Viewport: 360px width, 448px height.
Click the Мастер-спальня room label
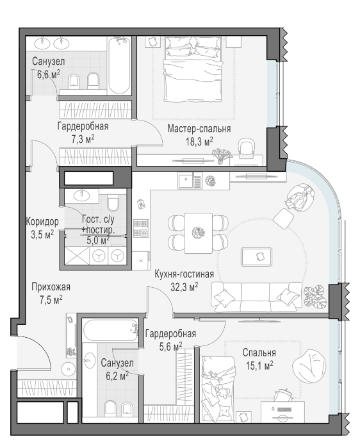pos(199,129)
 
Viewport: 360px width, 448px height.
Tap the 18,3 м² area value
pos(199,141)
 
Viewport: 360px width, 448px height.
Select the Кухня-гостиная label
pos(184,274)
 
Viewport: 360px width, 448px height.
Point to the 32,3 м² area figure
pos(184,286)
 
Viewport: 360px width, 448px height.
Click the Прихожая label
pos(51,287)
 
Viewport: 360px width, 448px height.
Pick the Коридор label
pos(42,221)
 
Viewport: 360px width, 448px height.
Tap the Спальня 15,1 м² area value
pos(259,365)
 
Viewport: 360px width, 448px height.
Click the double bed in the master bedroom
pos(193,69)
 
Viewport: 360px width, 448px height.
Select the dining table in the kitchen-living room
pos(199,233)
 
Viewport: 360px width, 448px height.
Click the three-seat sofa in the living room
pos(257,297)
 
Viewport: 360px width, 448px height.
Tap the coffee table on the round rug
pos(256,257)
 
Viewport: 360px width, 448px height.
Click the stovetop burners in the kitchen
pos(141,228)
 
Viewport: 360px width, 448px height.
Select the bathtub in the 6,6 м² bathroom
pos(119,66)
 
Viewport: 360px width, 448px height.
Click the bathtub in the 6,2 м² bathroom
pos(110,330)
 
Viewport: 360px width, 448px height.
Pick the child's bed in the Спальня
pos(218,388)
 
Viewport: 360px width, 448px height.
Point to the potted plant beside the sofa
pos(315,297)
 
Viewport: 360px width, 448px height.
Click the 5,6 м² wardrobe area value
pos(171,347)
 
